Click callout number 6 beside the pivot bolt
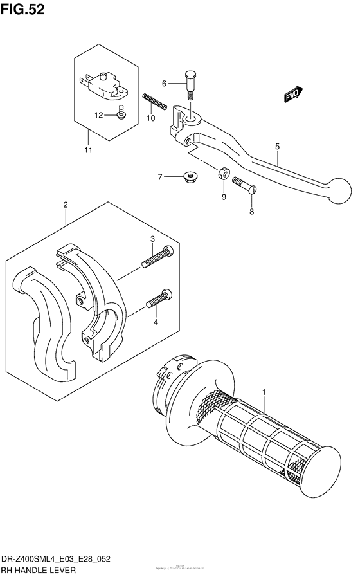click(164, 84)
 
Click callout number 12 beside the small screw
click(99, 116)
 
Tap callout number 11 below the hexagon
click(87, 151)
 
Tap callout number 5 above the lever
click(277, 147)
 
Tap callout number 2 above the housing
click(66, 205)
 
